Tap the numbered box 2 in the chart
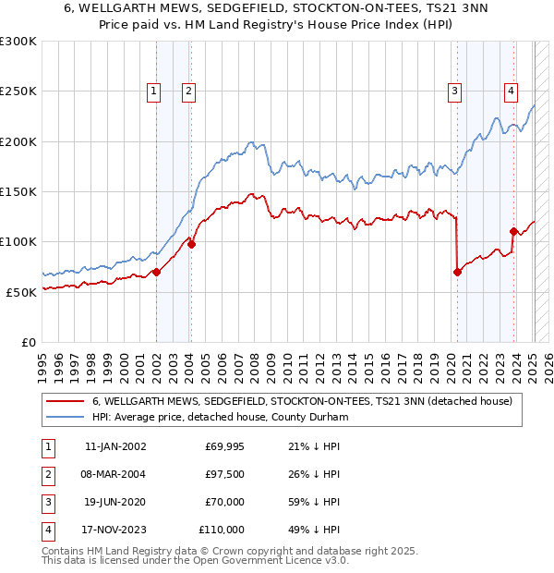click(x=187, y=91)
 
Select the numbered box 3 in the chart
click(x=455, y=91)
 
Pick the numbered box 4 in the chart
click(x=511, y=91)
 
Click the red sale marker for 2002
click(x=157, y=272)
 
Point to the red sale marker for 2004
click(x=192, y=244)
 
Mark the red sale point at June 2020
click(x=457, y=272)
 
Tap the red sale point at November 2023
click(x=513, y=231)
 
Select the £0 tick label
click(x=29, y=342)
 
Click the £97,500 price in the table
click(x=224, y=475)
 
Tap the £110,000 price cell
click(x=222, y=530)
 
